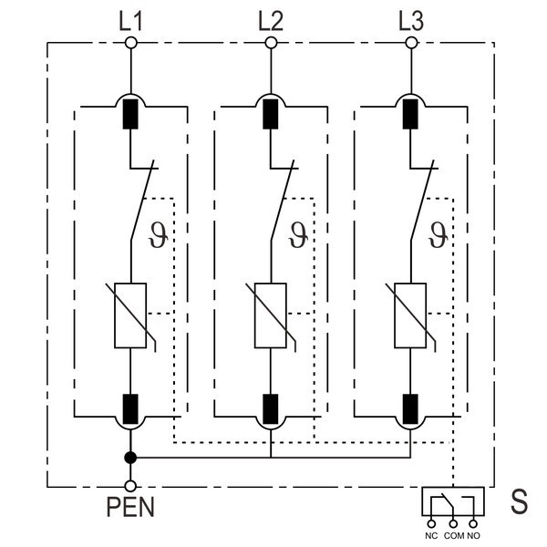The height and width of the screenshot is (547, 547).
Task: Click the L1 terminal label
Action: pyautogui.click(x=130, y=18)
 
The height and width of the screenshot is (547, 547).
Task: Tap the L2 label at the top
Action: pyautogui.click(x=271, y=18)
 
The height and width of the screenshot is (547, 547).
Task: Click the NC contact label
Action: pyautogui.click(x=431, y=536)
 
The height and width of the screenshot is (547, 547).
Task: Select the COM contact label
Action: pyautogui.click(x=453, y=536)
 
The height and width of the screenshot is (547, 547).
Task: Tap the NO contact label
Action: pyautogui.click(x=474, y=536)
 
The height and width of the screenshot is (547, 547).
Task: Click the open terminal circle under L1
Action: pyautogui.click(x=130, y=42)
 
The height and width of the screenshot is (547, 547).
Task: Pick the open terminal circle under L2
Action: pyautogui.click(x=271, y=42)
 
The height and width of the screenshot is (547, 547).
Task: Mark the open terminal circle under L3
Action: pyautogui.click(x=411, y=42)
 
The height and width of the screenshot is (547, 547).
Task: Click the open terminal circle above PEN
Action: pyautogui.click(x=130, y=487)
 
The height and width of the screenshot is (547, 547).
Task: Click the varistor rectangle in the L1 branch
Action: pyautogui.click(x=130, y=315)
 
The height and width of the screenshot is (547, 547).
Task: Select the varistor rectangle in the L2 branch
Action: pyautogui.click(x=271, y=315)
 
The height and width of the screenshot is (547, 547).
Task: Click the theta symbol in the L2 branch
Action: pyautogui.click(x=297, y=231)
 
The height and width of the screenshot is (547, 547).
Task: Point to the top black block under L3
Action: pyautogui.click(x=411, y=113)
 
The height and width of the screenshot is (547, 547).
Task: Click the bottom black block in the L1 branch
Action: pyautogui.click(x=130, y=407)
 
